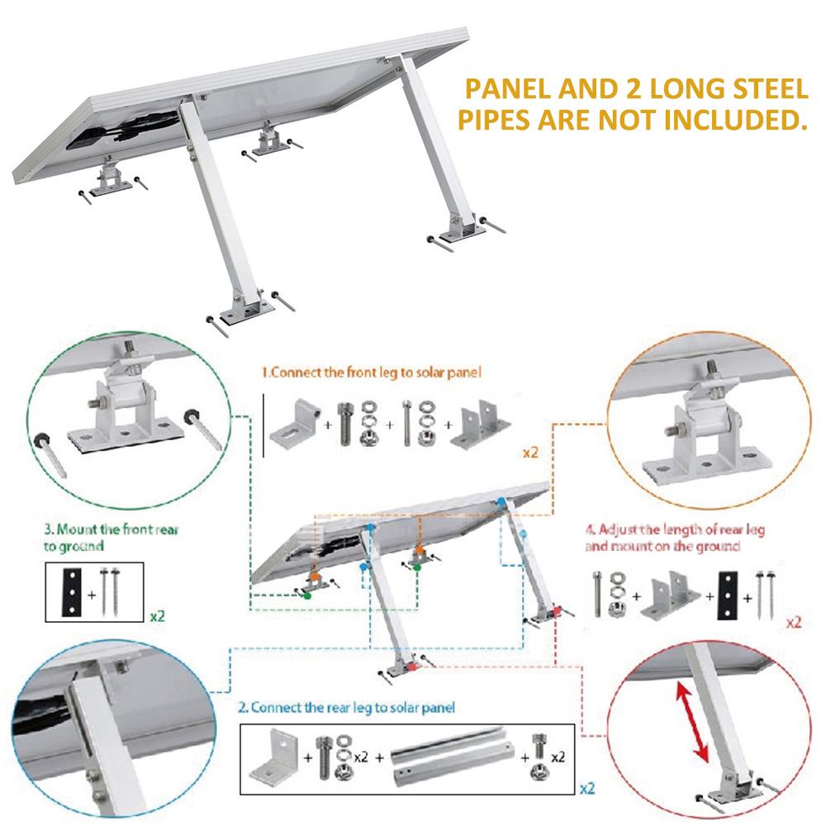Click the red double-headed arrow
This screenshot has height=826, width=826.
pyautogui.click(x=692, y=722)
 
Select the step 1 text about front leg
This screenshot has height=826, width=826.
pyautogui.click(x=372, y=373)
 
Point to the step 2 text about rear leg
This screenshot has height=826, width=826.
pyautogui.click(x=346, y=707)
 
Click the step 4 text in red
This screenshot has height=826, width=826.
pyautogui.click(x=674, y=538)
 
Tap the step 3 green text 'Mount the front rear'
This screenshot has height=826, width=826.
pyautogui.click(x=112, y=529)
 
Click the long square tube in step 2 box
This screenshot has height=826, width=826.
pyautogui.click(x=453, y=756)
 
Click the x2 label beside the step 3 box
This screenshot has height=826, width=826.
pyautogui.click(x=158, y=615)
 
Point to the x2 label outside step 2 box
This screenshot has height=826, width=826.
pyautogui.click(x=587, y=788)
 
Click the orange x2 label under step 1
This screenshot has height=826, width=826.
pyautogui.click(x=530, y=453)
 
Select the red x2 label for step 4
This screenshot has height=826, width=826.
pyautogui.click(x=793, y=622)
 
